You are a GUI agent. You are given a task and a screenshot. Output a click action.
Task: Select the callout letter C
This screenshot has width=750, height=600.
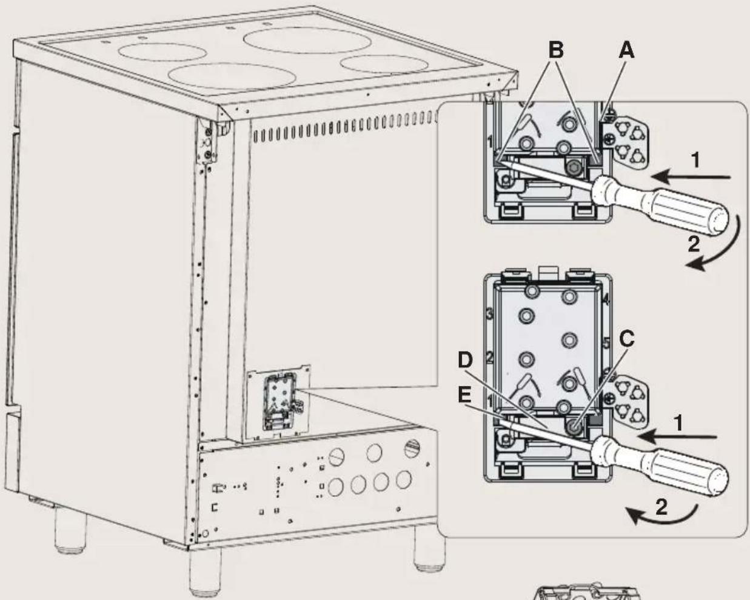pos(626,341)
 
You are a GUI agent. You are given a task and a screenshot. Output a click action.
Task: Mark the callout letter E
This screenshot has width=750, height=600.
pos(464,395)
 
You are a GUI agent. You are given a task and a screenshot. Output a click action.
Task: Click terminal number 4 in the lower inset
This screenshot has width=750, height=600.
pos(606,299)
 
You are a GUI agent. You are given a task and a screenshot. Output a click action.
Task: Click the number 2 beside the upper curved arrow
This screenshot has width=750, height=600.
pos(693,244)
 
